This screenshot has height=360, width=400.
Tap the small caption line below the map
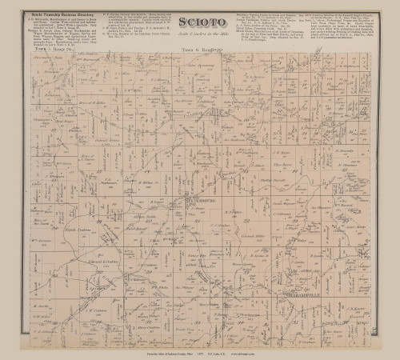(200, 350)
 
